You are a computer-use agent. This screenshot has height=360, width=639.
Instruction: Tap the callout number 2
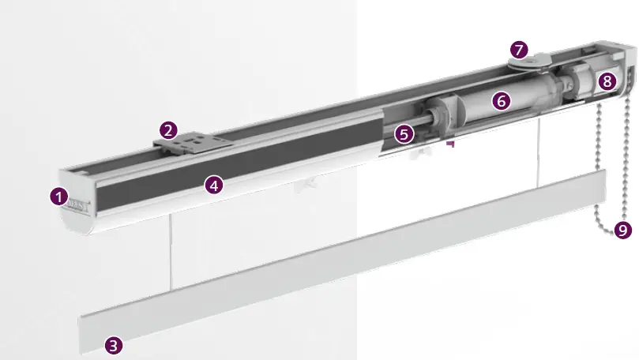coord(167,129)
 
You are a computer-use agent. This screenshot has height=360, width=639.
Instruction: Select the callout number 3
coord(115,344)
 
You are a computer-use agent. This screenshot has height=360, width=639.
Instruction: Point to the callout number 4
coord(214,185)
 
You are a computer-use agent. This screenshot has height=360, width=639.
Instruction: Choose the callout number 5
coord(404,134)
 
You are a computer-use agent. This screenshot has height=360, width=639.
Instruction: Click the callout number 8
coord(607,81)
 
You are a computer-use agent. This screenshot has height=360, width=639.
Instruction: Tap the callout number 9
coord(622,231)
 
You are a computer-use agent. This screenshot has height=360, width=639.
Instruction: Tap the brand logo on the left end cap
coord(79,204)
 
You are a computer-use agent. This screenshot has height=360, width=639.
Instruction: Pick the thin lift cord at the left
coord(169,253)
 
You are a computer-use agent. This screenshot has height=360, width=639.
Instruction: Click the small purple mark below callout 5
coord(450,144)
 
